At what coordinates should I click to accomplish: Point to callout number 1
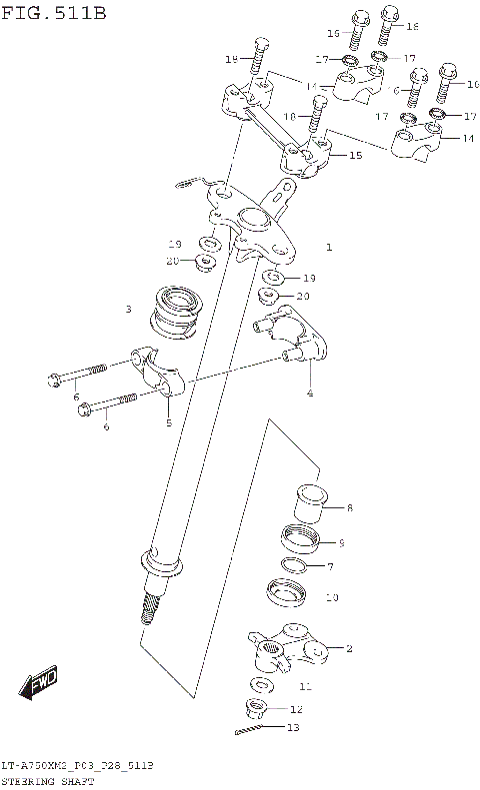point(328,245)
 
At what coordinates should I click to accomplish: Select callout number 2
point(349,649)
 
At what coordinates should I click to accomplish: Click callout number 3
point(128,310)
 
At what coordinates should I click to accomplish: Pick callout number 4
point(310,394)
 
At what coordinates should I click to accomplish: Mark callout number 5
point(169,422)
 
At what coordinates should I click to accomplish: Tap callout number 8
point(349,508)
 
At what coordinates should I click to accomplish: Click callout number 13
point(292,728)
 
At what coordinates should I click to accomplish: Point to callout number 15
point(354,156)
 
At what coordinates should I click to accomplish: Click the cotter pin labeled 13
point(253,730)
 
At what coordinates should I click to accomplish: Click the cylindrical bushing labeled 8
point(312,499)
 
